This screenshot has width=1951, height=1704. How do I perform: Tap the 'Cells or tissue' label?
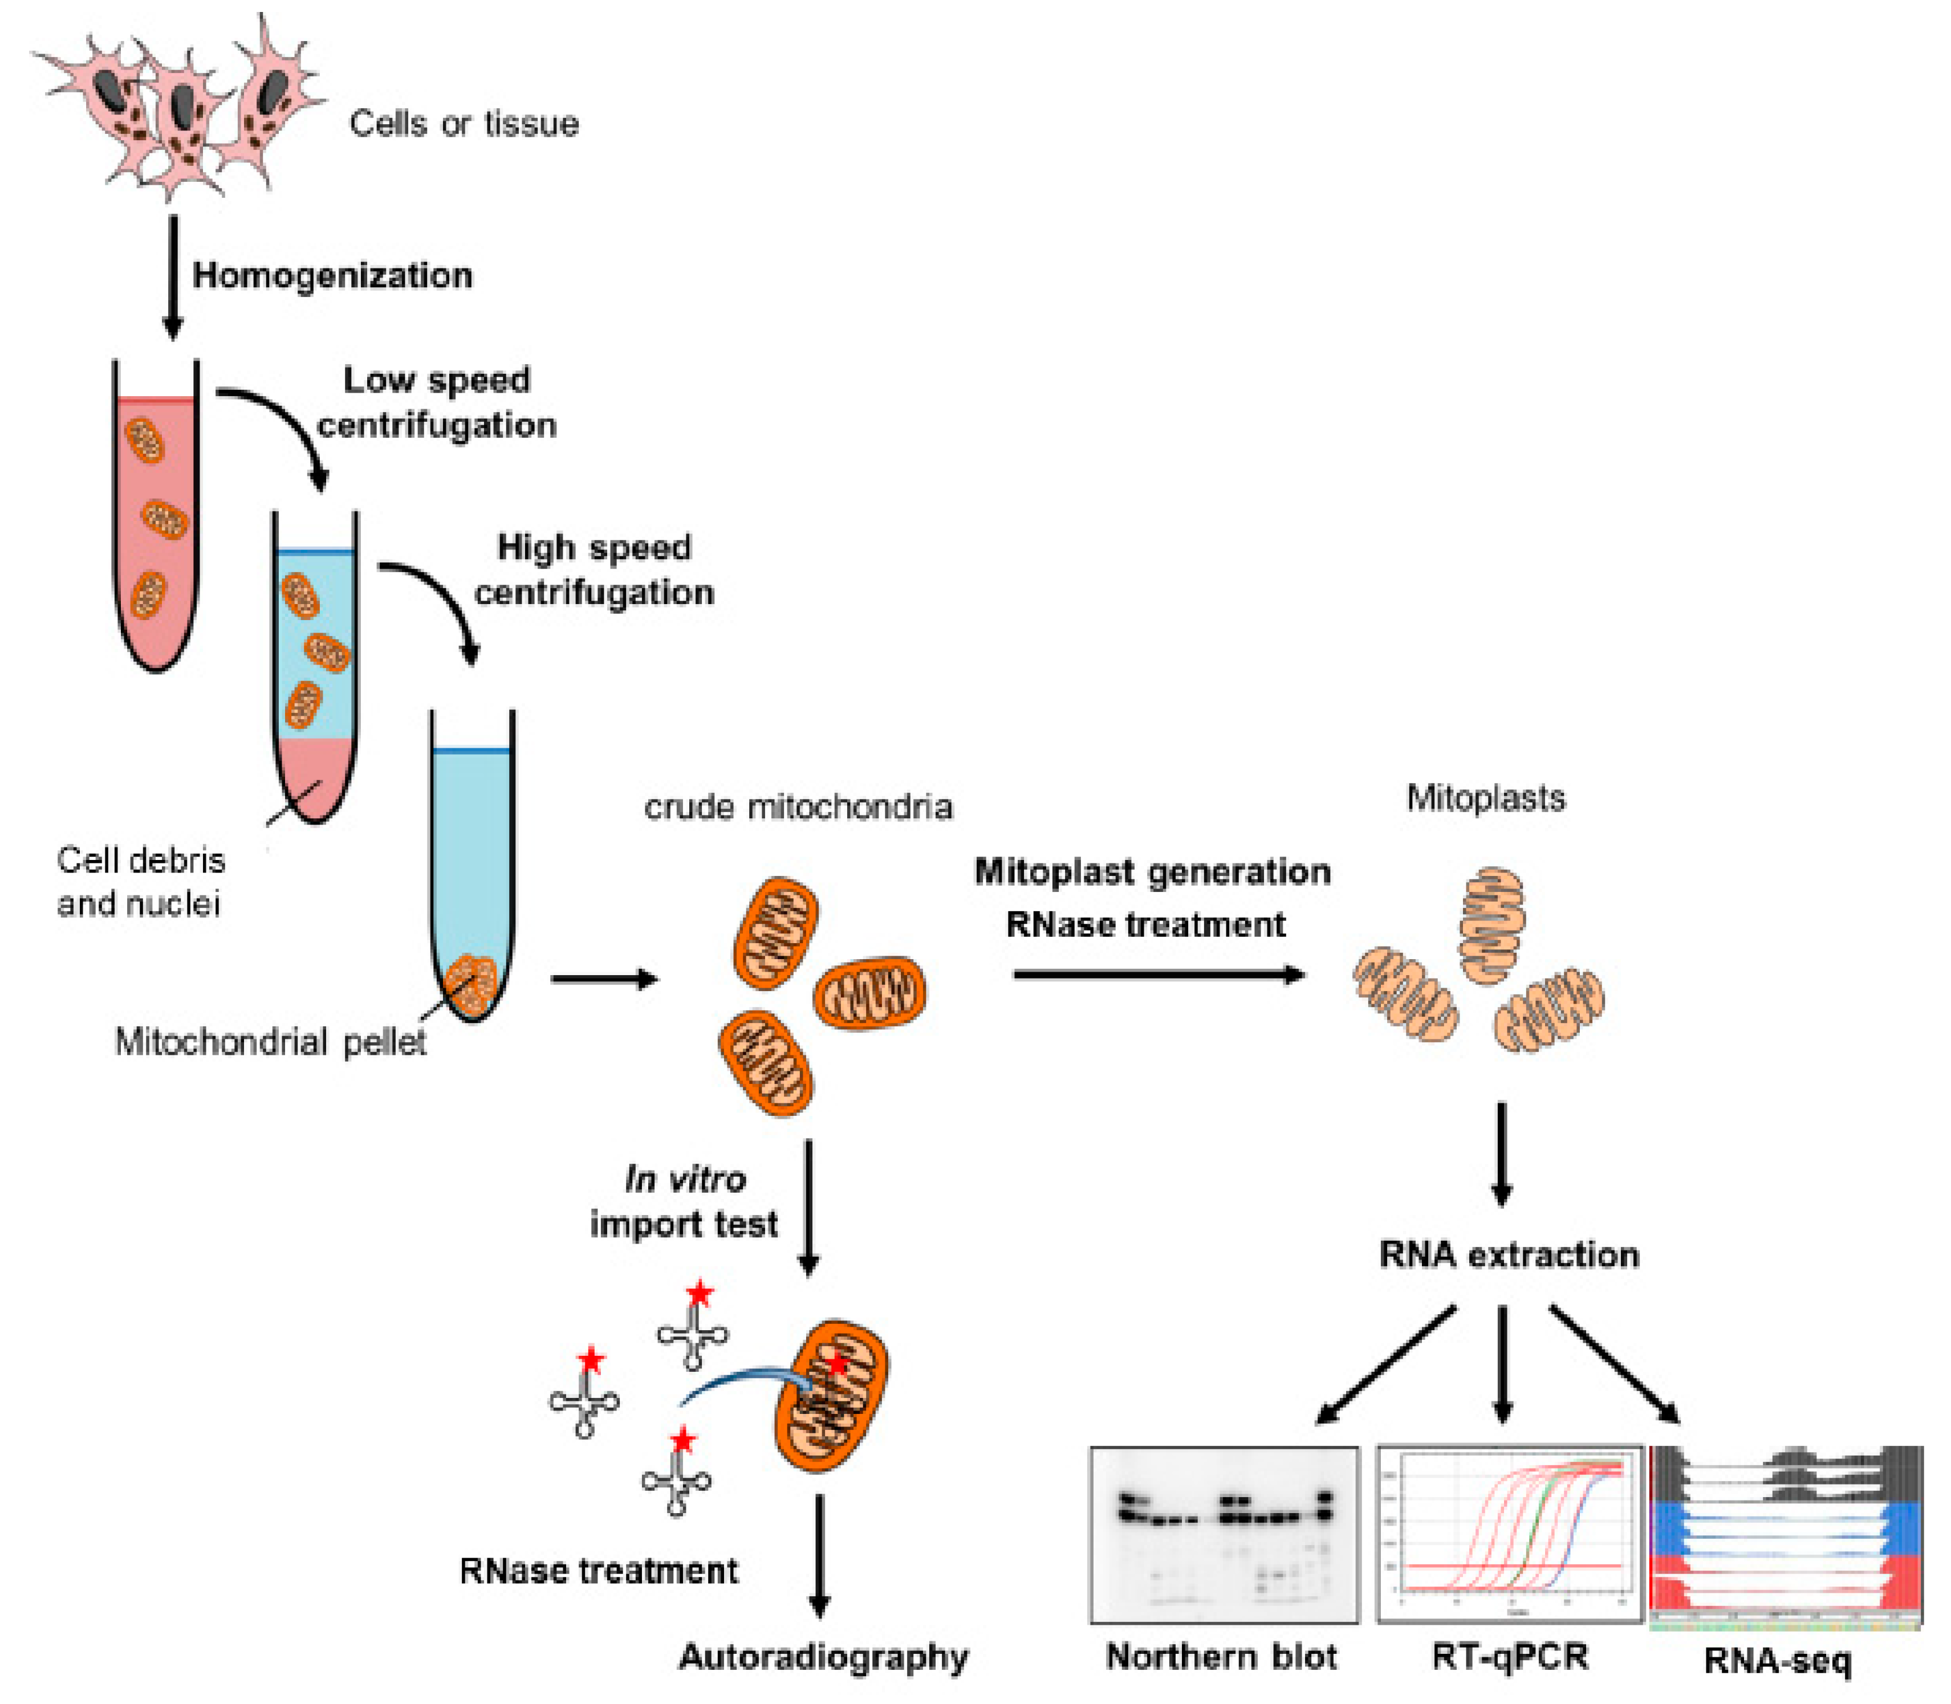(x=464, y=124)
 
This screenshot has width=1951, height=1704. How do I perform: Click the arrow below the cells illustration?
(x=172, y=276)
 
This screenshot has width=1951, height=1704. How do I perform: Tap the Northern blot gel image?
(x=1224, y=1534)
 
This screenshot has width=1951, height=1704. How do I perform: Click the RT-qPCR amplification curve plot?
(x=1510, y=1534)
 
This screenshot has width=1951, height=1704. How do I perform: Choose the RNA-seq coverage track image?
(x=1786, y=1534)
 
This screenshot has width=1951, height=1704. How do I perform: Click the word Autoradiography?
(x=823, y=1657)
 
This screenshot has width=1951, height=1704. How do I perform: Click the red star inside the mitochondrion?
(x=836, y=1364)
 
